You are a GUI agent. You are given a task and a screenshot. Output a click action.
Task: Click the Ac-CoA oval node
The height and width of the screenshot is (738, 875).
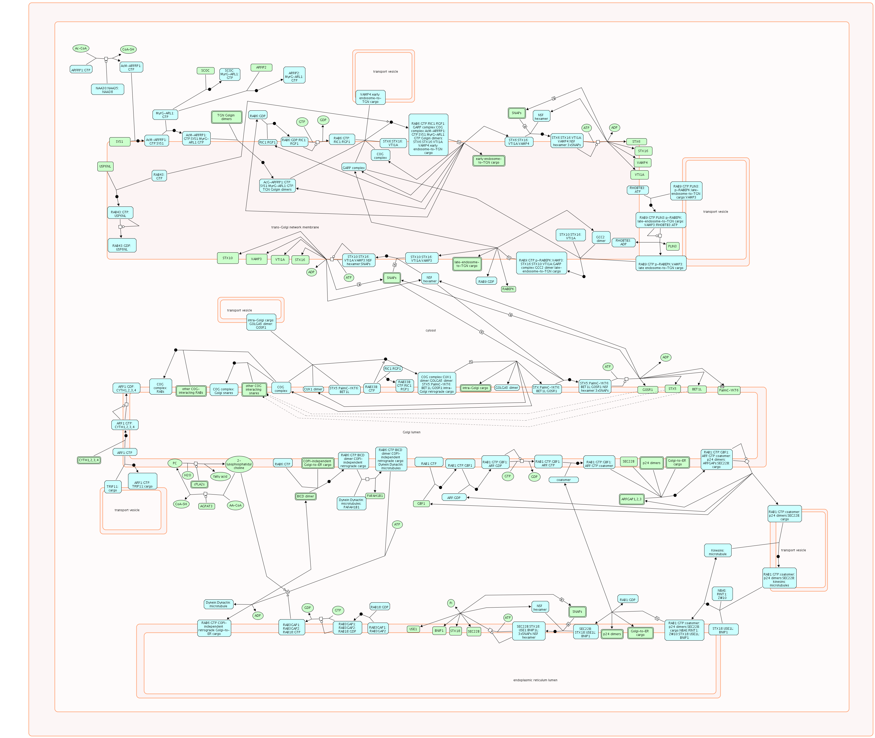point(81,48)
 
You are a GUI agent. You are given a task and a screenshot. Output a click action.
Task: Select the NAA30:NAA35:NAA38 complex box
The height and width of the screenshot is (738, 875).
point(108,90)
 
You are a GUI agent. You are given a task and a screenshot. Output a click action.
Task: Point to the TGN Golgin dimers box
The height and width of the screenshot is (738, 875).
point(226,117)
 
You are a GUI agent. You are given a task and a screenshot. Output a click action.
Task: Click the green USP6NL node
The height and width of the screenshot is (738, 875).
point(105,166)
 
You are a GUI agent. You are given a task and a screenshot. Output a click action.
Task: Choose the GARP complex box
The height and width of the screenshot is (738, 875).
point(354,168)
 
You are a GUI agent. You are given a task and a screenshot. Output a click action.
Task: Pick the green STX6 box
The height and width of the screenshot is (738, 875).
point(636,142)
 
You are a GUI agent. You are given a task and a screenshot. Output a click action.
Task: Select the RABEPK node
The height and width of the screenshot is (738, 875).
point(508,289)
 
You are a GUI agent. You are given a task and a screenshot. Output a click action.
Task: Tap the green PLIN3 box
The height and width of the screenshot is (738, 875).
point(672,246)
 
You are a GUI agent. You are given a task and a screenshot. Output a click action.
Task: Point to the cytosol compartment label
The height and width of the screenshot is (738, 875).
point(430,330)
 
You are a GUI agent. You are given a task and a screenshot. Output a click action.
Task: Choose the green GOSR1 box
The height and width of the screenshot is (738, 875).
point(647,390)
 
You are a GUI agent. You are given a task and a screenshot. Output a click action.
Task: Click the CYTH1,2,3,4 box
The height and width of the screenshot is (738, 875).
point(89,460)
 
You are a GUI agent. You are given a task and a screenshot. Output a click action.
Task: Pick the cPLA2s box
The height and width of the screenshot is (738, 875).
point(199,484)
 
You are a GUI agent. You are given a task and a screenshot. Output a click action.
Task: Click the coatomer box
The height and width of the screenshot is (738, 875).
point(563,480)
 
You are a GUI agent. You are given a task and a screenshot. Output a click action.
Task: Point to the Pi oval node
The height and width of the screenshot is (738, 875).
point(451,603)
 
